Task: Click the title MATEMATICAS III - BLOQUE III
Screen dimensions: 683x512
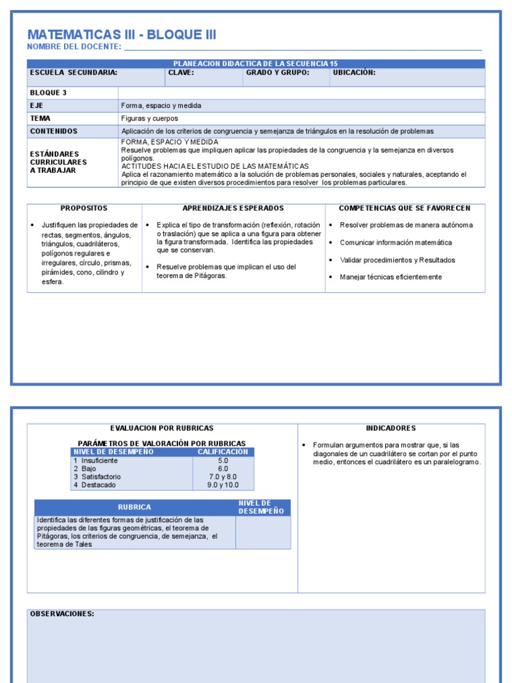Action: tap(121, 35)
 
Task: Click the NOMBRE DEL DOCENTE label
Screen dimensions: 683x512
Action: tap(74, 47)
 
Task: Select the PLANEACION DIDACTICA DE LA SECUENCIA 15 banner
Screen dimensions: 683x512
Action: tap(255, 63)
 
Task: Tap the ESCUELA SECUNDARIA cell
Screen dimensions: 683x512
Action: tap(74, 73)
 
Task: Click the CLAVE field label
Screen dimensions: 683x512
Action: tap(181, 73)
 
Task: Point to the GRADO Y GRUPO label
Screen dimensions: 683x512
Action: tap(277, 73)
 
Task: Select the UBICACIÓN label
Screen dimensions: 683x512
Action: tap(354, 73)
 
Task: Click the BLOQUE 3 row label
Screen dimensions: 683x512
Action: tap(48, 93)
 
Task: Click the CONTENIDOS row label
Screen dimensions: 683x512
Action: tap(53, 131)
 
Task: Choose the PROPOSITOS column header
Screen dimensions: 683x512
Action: tap(84, 209)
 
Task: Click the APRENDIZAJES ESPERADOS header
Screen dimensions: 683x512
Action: tap(233, 209)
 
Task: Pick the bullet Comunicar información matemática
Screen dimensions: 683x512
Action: tap(395, 243)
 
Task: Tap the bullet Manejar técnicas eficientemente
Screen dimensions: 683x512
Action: tap(390, 277)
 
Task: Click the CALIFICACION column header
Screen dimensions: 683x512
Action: tap(223, 452)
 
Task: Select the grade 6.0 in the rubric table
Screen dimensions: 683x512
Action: tap(223, 469)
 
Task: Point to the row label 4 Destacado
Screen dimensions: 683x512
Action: tap(97, 485)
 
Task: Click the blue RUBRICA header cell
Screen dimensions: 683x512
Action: tap(135, 508)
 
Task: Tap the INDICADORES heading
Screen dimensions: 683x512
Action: tap(391, 428)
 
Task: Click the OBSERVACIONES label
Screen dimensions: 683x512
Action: tap(62, 614)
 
